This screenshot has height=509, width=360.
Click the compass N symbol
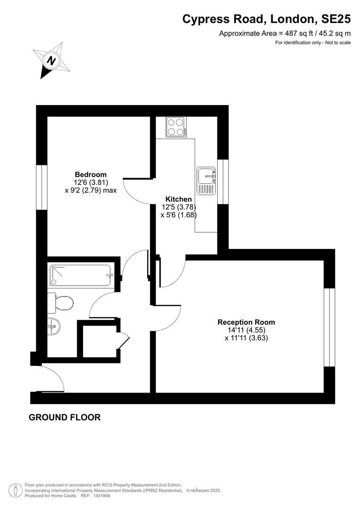click(51, 60)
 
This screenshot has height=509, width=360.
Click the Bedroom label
click(90, 174)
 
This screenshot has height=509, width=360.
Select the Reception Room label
click(246, 322)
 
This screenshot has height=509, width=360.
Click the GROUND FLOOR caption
click(65, 417)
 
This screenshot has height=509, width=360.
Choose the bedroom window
click(42, 187)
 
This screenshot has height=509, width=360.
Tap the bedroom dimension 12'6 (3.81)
click(90, 182)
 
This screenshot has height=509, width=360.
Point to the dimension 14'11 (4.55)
click(246, 330)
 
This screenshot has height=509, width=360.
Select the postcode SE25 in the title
click(335, 19)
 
